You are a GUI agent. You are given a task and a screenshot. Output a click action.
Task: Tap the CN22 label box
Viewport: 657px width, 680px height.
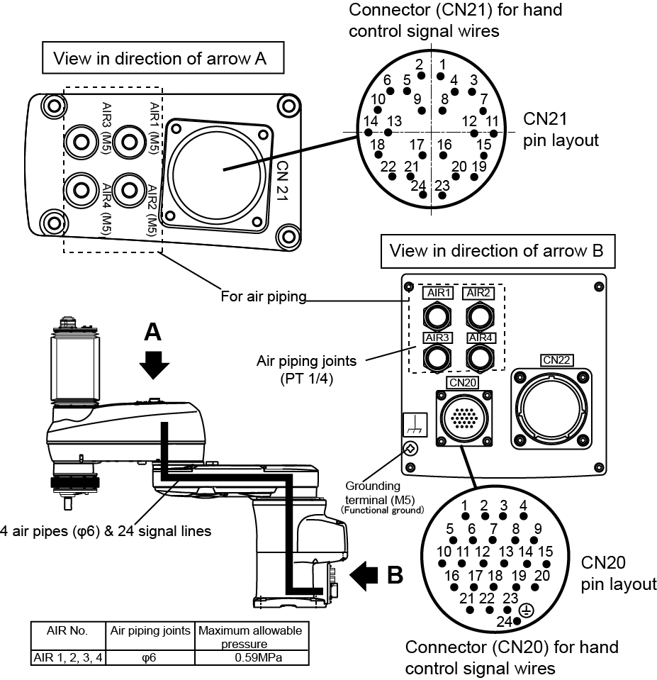click(556, 360)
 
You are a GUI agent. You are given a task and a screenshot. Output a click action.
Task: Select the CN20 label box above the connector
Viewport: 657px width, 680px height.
click(461, 383)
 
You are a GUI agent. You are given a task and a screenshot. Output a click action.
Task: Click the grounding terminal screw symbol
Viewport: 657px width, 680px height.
click(410, 448)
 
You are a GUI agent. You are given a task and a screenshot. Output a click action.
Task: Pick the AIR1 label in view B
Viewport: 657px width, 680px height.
click(437, 293)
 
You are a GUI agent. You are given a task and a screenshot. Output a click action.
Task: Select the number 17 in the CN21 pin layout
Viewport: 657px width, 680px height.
click(417, 145)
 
